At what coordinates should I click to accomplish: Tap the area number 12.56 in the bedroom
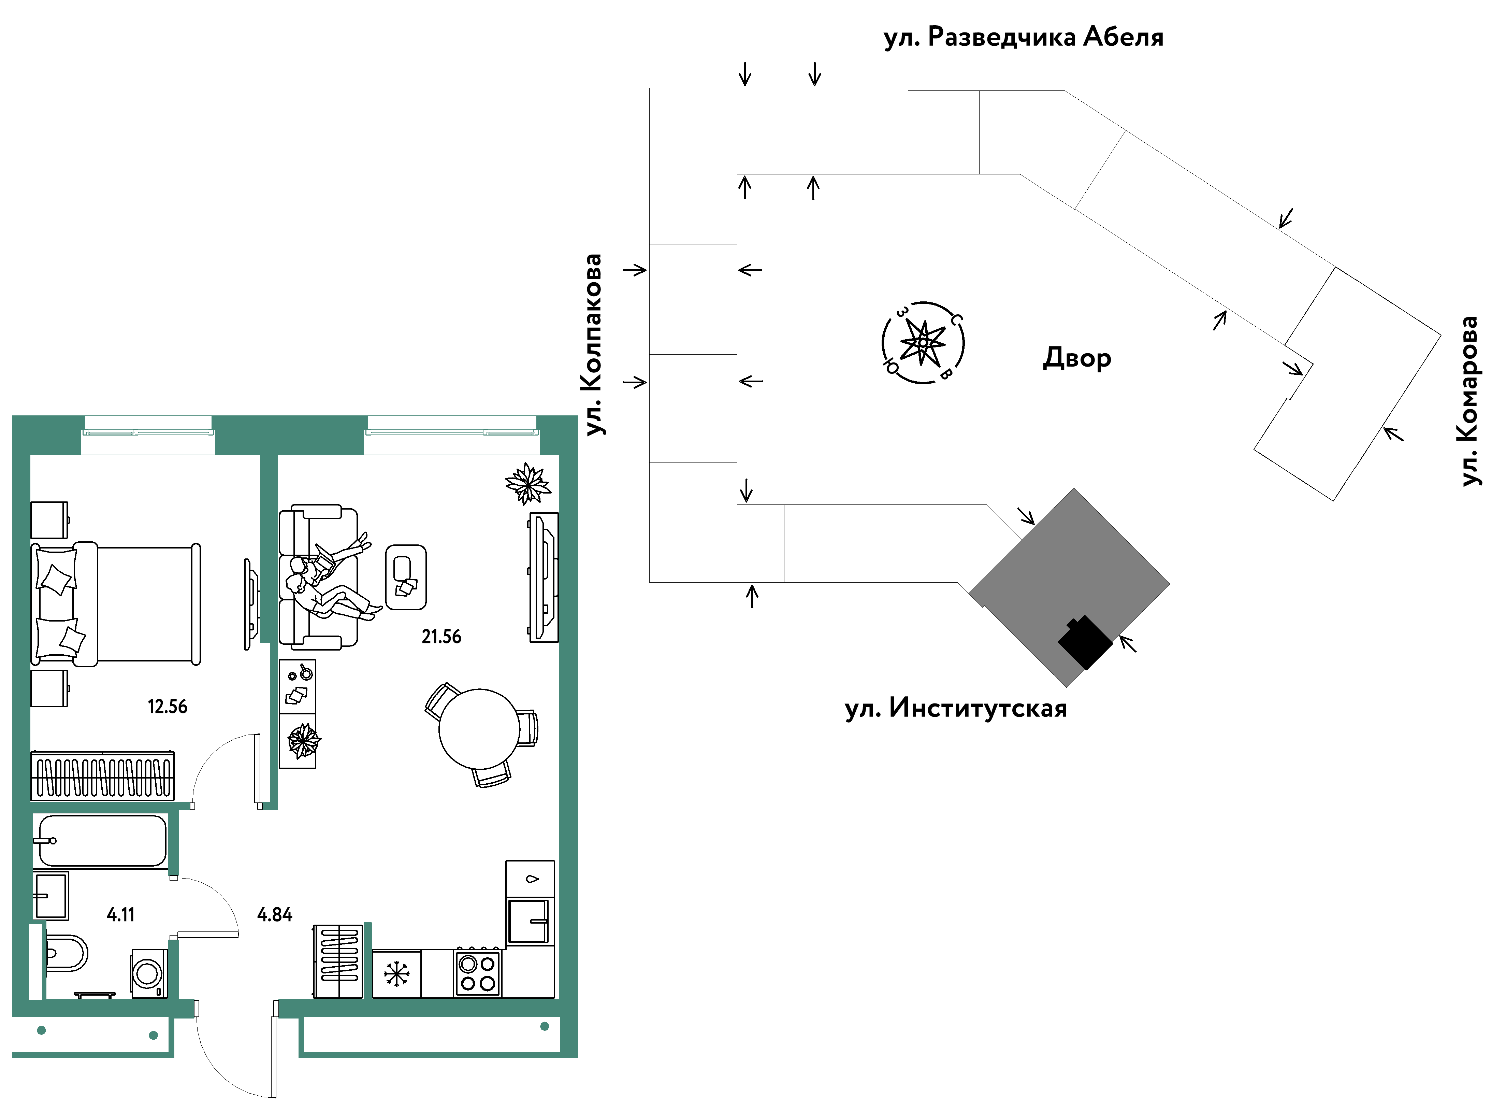click(x=168, y=706)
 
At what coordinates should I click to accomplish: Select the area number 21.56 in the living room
click(x=442, y=636)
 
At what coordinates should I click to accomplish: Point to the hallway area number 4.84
click(x=275, y=915)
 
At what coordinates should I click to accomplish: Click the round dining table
click(x=479, y=729)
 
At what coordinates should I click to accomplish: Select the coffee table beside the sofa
click(x=406, y=577)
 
